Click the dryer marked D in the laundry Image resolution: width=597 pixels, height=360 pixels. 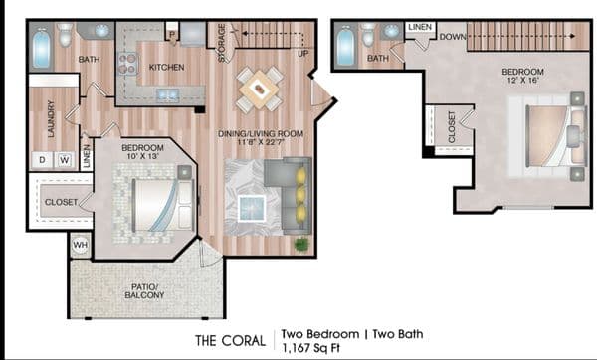click(42, 160)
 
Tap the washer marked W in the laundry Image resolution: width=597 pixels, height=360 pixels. click(65, 160)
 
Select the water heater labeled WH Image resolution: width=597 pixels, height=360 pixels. click(80, 245)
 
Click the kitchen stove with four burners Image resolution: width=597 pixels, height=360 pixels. click(127, 64)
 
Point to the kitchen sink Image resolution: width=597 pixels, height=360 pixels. click(168, 94)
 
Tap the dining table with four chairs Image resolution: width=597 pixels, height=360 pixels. click(260, 90)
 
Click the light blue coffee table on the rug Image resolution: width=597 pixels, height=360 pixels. click(252, 208)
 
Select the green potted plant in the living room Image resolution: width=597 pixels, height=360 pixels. click(301, 244)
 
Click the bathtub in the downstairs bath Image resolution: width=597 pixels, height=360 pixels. click(42, 48)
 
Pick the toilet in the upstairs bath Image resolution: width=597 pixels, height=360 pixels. click(368, 34)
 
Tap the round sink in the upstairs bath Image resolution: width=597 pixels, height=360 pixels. click(392, 31)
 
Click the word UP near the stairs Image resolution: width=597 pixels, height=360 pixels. click(303, 54)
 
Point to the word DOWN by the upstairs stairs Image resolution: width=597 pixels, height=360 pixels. click(453, 37)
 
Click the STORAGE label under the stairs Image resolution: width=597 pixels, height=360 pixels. click(222, 43)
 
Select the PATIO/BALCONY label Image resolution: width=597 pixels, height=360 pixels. click(144, 291)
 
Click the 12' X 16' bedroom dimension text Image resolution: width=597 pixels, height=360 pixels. click(522, 80)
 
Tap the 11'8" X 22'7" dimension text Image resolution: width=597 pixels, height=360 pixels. click(261, 142)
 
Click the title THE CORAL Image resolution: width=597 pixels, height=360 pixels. click(231, 340)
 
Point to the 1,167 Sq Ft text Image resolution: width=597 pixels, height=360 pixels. click(310, 348)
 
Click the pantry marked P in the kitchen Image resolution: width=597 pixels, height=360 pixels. click(172, 34)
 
